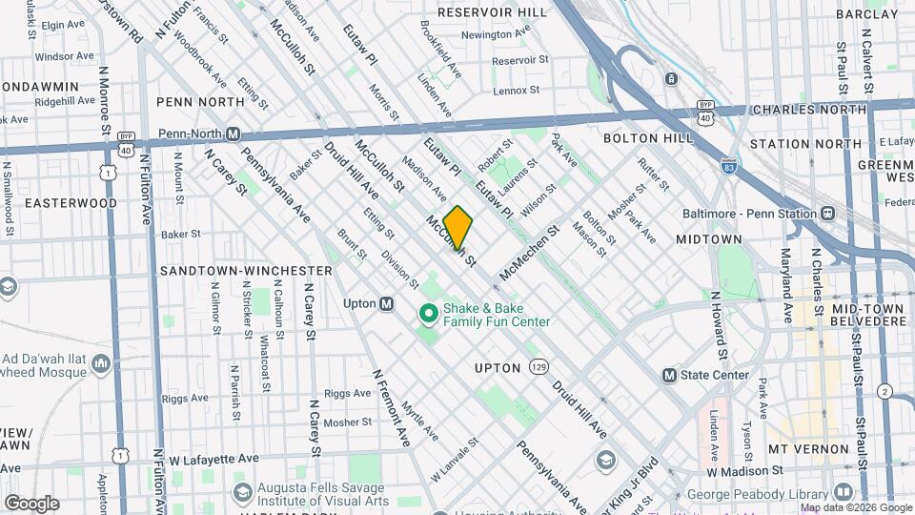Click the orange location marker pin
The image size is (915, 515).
click(458, 228)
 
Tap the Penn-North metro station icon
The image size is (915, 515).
click(233, 134)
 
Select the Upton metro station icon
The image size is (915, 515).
click(386, 303)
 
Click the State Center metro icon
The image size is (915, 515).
click(669, 375)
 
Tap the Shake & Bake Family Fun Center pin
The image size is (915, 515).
click(428, 313)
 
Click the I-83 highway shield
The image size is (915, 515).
click(729, 166)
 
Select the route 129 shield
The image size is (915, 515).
click(539, 366)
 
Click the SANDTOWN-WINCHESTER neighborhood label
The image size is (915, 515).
click(246, 271)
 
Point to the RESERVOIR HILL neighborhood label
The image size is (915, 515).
click(493, 12)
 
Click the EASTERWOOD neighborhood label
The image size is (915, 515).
click(71, 203)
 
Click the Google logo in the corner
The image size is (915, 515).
click(31, 503)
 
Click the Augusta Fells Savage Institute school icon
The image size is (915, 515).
click(242, 492)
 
